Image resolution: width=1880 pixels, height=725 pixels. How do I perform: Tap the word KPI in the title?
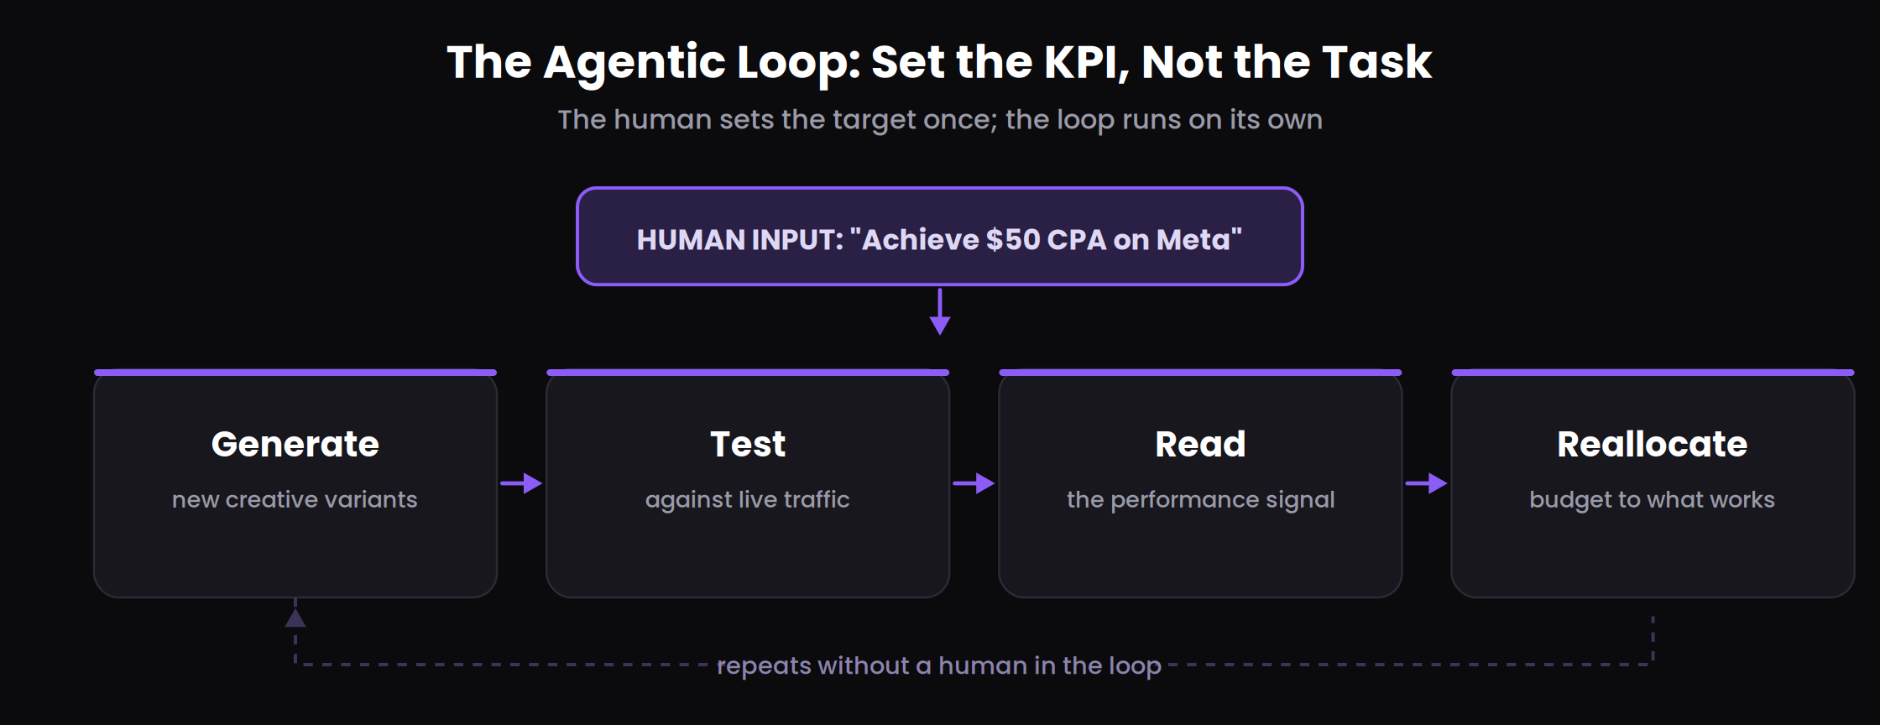point(1085,62)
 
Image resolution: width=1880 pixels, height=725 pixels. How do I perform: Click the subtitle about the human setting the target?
point(940,120)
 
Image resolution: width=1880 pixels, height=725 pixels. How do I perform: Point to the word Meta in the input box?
point(1193,240)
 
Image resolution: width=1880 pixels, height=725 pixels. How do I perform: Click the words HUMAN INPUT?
point(739,240)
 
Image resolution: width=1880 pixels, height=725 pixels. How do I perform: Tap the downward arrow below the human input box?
point(940,311)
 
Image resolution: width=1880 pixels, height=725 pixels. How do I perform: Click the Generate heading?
point(295,444)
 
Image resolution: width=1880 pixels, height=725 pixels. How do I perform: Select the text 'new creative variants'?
point(295,499)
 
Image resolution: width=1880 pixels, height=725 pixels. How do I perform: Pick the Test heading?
point(748,444)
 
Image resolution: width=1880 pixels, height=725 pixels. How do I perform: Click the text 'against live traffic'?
point(748,500)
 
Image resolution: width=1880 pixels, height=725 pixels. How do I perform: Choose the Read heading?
point(1200,444)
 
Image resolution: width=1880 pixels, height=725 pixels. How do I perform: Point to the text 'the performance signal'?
point(1200,500)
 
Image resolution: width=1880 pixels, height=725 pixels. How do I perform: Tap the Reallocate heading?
point(1653,444)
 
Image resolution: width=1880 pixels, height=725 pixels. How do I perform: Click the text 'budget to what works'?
point(1653,500)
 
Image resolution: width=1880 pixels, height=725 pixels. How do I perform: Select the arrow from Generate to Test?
point(521,483)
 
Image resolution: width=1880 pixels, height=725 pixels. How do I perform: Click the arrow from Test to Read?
point(974,483)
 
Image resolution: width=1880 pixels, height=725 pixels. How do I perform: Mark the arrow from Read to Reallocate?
point(1426,483)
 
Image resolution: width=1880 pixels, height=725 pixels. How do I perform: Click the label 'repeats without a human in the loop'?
point(939,665)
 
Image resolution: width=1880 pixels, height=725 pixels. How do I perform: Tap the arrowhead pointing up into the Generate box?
point(295,618)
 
